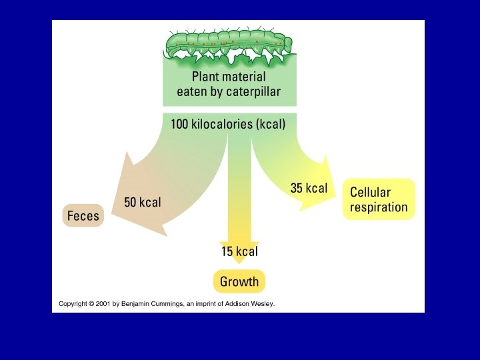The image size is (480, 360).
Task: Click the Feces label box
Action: click(x=83, y=215)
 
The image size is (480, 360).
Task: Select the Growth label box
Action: click(x=239, y=281)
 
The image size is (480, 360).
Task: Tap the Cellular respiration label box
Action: click(x=379, y=199)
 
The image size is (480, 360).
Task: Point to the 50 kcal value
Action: click(x=143, y=202)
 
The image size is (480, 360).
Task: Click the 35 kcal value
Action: click(x=309, y=188)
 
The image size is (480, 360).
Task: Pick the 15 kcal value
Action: click(x=239, y=251)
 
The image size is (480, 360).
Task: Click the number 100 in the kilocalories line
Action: click(x=181, y=124)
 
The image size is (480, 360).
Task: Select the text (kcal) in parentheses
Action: click(x=267, y=124)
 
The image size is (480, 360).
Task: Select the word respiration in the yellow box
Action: click(x=379, y=207)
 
